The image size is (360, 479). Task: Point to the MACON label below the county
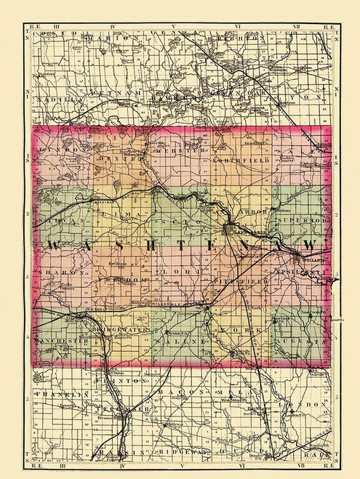tap(179, 393)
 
